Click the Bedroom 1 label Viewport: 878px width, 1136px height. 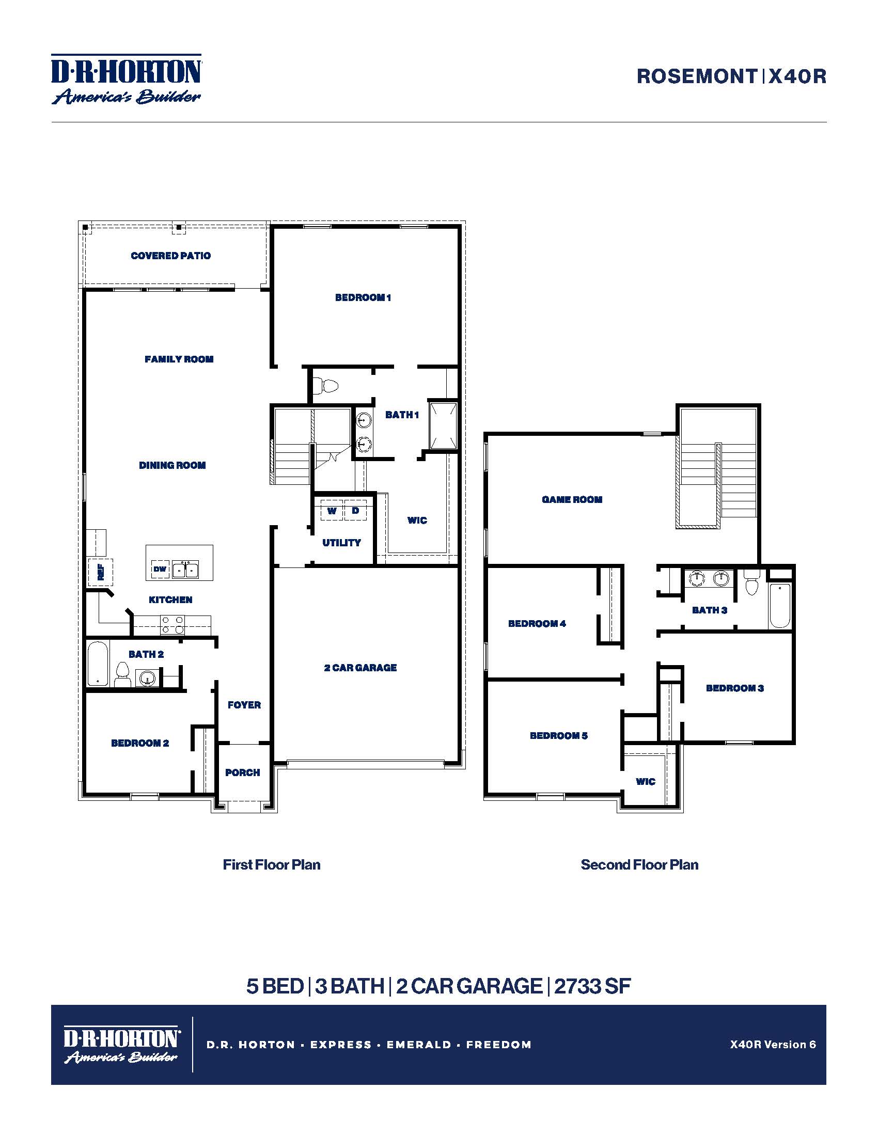[x=363, y=297]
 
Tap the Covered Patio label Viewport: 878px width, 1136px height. [x=170, y=256]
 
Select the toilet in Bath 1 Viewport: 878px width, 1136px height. [x=328, y=386]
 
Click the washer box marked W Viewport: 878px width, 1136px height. [x=332, y=510]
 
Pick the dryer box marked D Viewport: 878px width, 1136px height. [x=355, y=510]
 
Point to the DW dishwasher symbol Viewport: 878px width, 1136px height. [x=160, y=569]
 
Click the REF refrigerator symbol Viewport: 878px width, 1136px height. [x=100, y=572]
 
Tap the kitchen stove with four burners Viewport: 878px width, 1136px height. [x=172, y=625]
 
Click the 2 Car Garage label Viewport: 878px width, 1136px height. [x=360, y=667]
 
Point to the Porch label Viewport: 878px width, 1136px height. [x=242, y=772]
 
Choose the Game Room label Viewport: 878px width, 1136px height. [x=572, y=499]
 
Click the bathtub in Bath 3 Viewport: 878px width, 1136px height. [x=780, y=606]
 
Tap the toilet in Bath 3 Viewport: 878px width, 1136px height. [x=751, y=583]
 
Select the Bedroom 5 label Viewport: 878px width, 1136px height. [x=559, y=735]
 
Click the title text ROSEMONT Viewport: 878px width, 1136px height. [x=697, y=76]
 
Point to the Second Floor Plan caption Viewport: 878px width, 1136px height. [x=639, y=864]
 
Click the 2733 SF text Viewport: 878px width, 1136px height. [x=592, y=986]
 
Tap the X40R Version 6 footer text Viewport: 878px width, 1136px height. [x=773, y=1044]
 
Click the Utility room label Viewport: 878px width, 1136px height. [x=341, y=543]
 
